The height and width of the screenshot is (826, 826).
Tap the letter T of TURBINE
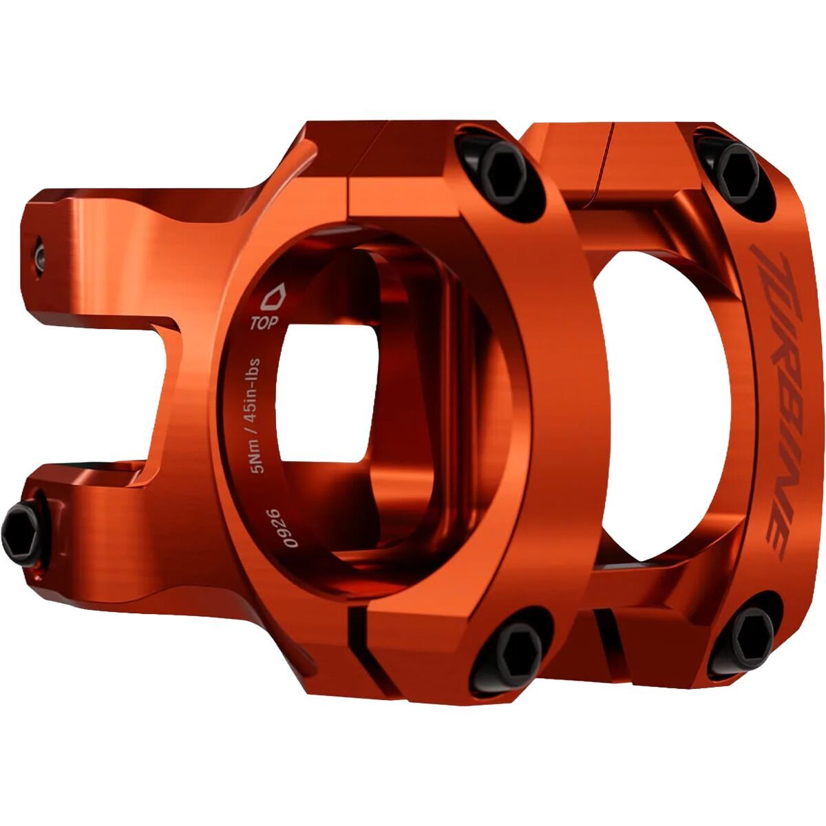[772, 265]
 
